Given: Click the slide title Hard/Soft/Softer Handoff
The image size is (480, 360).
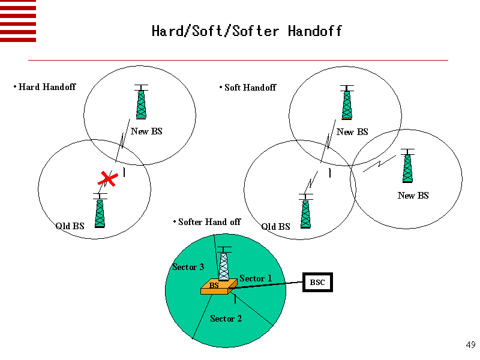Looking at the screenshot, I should (247, 31).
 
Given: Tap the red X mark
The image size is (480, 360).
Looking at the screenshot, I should (108, 178).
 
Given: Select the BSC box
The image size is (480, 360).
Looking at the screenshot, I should (317, 282).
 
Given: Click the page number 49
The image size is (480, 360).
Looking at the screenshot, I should (470, 345).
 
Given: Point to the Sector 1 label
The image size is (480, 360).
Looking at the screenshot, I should (256, 278).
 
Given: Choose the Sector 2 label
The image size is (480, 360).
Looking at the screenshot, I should (226, 319).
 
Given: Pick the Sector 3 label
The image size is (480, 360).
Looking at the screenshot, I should (188, 267).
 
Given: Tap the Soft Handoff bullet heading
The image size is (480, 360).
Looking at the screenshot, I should (250, 88).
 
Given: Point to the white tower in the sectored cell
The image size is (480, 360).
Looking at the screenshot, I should (224, 264).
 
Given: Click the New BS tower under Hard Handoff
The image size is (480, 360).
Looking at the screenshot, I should (141, 102).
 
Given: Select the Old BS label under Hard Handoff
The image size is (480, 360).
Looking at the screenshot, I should (70, 226).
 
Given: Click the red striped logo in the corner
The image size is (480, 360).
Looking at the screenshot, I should (18, 21).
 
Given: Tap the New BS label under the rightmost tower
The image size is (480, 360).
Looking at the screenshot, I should (413, 196).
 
